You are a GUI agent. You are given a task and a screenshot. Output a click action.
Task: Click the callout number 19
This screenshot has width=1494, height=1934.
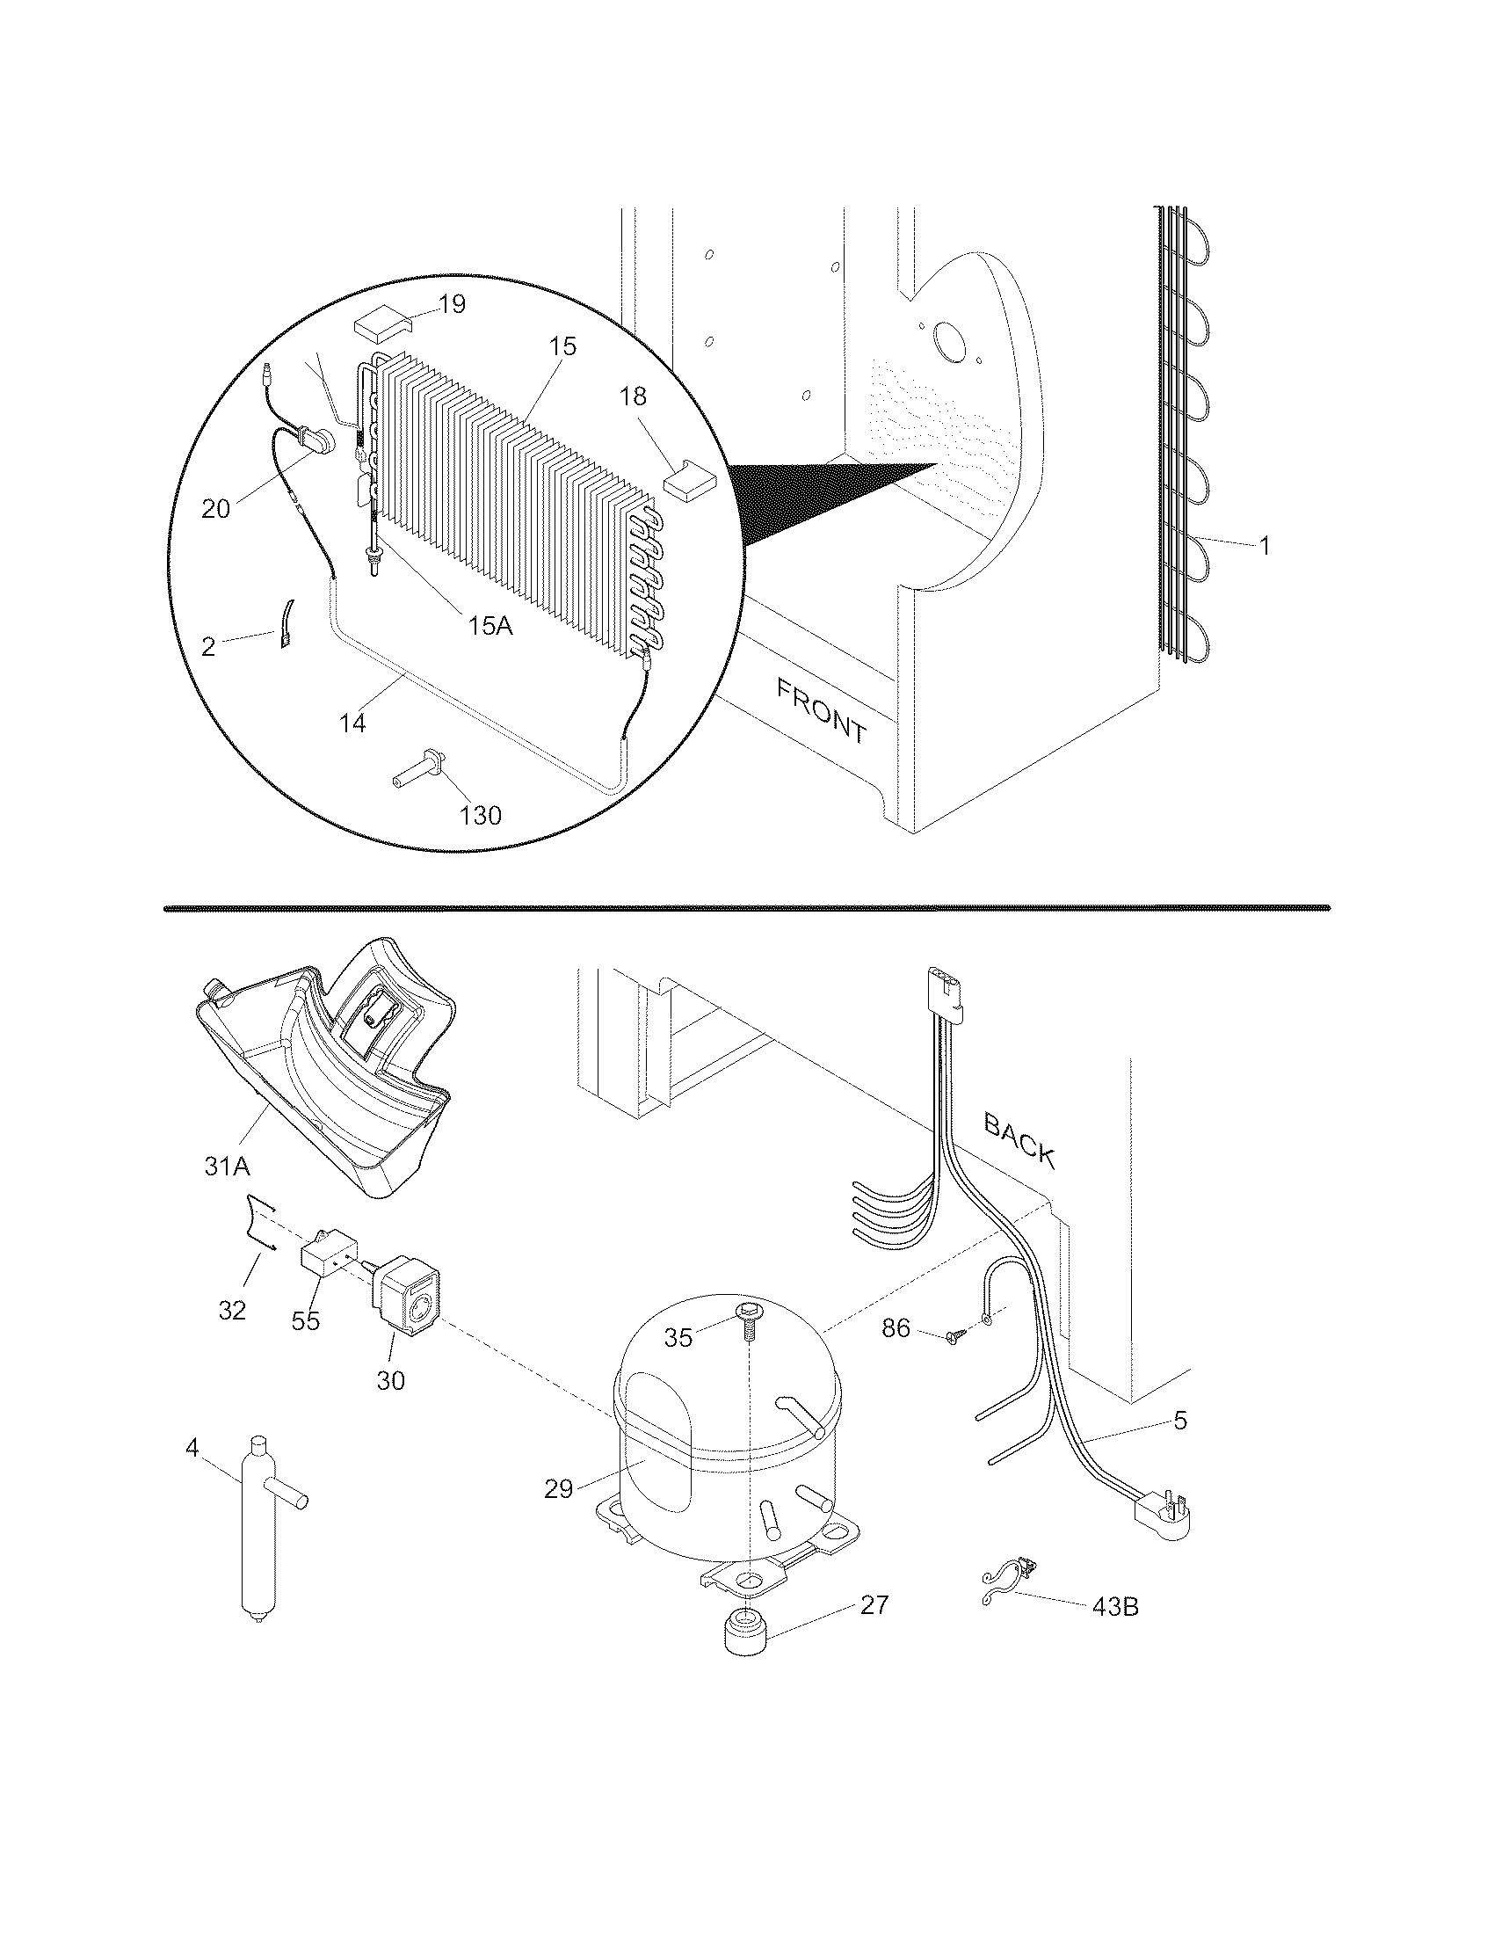coord(452,305)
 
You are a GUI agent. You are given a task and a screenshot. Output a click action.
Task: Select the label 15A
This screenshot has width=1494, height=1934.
coord(490,625)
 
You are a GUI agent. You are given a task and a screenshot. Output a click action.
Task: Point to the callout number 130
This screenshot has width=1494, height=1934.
coord(481,814)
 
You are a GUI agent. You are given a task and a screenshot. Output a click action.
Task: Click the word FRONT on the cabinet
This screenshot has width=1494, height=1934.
coord(822,709)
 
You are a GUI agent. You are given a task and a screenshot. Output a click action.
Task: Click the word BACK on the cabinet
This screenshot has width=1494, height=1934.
coord(1019,1140)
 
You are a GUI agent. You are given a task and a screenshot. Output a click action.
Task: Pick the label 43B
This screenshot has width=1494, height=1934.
coord(1114,1630)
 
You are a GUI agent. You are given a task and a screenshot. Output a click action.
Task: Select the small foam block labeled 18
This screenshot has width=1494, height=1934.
coord(688,483)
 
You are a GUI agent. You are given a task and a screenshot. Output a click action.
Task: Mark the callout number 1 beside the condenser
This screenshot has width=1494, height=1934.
coord(1265,547)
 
